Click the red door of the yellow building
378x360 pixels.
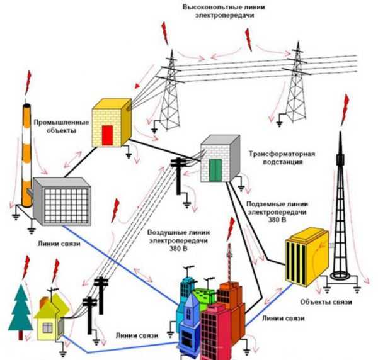[108, 135]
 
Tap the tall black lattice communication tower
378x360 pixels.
[341, 214]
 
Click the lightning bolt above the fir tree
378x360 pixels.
[25, 266]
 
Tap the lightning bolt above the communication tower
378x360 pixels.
[345, 108]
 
